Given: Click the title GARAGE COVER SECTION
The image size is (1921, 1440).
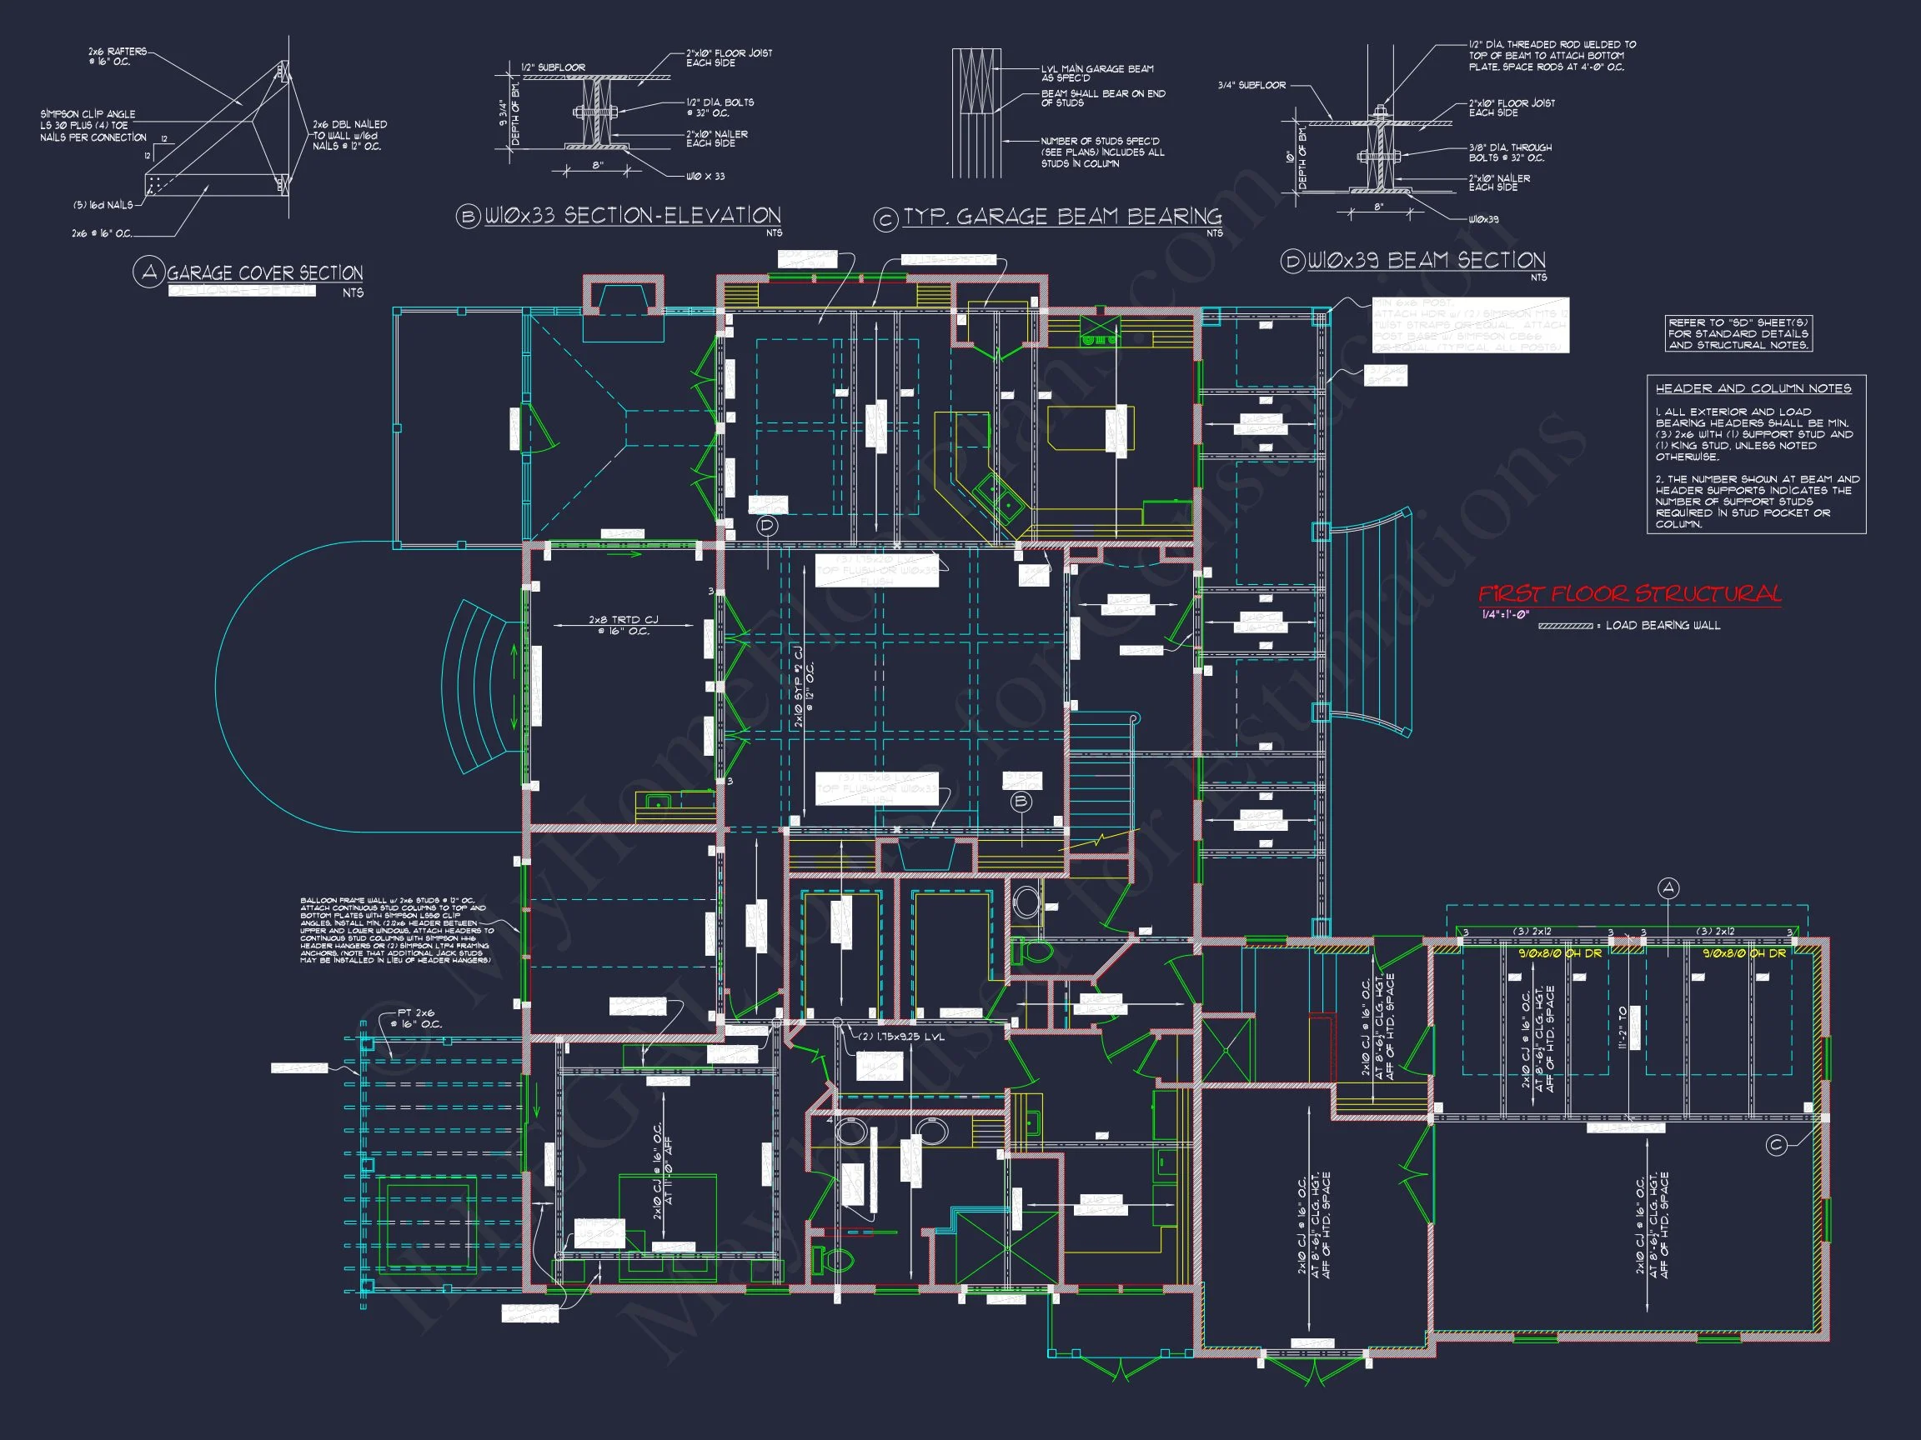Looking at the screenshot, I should [x=264, y=273].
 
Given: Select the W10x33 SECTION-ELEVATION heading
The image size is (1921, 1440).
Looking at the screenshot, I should [x=631, y=216].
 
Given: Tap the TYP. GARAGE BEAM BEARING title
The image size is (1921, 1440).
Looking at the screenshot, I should [x=1061, y=217].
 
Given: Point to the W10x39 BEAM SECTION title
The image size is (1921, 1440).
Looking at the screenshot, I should [x=1426, y=260].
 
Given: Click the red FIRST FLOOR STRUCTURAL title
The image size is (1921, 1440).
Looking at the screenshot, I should [x=1629, y=594].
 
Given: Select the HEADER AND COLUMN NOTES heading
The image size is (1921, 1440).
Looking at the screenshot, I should [x=1753, y=389].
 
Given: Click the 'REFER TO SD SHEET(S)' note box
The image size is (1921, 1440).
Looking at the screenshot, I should [x=1738, y=333].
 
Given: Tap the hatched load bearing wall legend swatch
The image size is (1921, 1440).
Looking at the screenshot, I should [x=1565, y=626].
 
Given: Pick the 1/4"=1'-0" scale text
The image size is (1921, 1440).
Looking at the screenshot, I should [x=1505, y=615].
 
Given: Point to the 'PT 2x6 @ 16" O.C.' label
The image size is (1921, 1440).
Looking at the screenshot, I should [x=419, y=1018].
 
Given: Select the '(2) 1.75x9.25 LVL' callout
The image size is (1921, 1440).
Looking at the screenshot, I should [x=900, y=1037].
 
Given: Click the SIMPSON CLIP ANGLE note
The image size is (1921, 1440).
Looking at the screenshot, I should [x=93, y=126].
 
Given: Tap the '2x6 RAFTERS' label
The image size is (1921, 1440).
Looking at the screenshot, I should [x=118, y=57].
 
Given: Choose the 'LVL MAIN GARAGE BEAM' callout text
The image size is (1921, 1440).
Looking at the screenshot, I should [x=1097, y=72].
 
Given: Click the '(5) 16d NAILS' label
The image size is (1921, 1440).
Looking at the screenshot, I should [x=103, y=206].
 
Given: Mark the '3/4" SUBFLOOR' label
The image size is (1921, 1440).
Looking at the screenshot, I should [x=1251, y=85].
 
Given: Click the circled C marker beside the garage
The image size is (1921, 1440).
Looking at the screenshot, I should [x=1776, y=1146].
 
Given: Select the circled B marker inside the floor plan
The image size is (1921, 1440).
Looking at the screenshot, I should [x=1021, y=801].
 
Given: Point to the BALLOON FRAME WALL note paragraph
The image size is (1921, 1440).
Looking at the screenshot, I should [x=396, y=931].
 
